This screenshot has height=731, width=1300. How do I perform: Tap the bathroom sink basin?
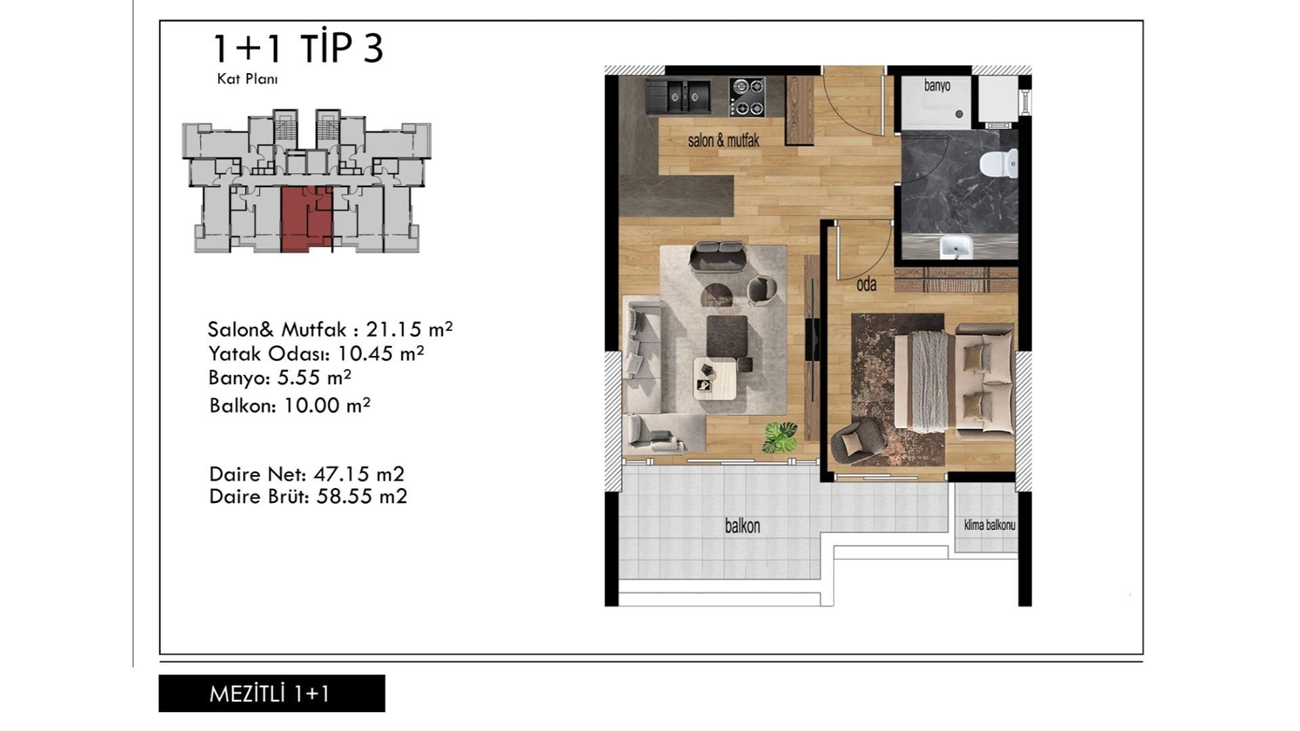click(956, 247)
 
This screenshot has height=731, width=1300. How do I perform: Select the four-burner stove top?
click(747, 97)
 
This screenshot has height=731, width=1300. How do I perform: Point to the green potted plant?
click(781, 437)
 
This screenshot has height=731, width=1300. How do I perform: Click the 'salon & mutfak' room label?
click(723, 141)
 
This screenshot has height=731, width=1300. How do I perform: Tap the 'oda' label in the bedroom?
click(866, 284)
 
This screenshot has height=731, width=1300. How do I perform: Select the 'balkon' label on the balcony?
click(742, 526)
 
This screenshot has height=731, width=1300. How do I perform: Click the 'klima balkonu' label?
click(989, 525)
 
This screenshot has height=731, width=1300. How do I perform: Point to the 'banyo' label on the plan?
click(937, 86)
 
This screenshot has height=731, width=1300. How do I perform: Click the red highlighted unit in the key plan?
click(307, 219)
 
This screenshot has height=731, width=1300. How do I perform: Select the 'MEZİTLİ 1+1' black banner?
click(272, 693)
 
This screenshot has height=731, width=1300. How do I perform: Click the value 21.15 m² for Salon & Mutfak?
click(409, 329)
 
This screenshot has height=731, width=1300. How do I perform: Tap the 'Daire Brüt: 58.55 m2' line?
click(308, 496)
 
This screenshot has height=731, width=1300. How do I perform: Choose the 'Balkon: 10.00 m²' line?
click(290, 405)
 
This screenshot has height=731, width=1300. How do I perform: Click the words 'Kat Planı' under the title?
click(247, 79)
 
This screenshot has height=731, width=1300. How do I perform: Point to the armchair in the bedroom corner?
click(856, 441)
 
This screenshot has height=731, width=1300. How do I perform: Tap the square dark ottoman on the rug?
click(727, 336)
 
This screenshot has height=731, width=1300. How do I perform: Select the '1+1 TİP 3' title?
click(299, 48)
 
